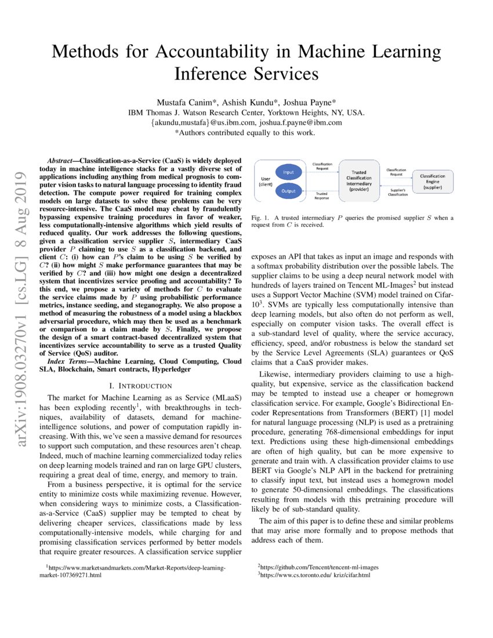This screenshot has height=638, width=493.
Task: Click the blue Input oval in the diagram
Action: pos(288,172)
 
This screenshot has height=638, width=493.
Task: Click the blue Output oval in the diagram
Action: pos(288,190)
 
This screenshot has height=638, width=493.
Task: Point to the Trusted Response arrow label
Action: pos(322,196)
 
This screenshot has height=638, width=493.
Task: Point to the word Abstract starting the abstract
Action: pos(61,158)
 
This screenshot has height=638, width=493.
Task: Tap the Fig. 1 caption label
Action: pos(260,217)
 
